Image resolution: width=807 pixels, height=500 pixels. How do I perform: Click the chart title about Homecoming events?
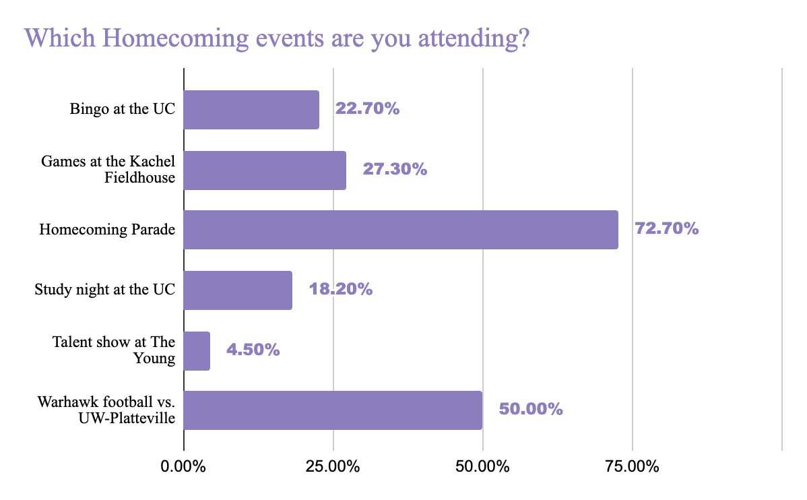tap(276, 38)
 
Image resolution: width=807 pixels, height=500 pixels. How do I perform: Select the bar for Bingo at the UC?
tap(251, 110)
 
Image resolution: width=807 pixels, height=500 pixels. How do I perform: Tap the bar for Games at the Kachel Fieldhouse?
tap(265, 170)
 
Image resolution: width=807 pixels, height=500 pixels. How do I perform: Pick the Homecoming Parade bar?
tap(401, 230)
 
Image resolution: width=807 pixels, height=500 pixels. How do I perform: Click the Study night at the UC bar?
tap(238, 290)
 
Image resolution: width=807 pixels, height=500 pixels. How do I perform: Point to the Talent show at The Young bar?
tap(197, 350)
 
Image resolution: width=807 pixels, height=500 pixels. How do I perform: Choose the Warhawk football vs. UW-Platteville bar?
tap(333, 410)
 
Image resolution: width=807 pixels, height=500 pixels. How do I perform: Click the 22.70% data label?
tap(367, 109)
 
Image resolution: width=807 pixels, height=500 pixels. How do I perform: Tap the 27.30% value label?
tap(395, 169)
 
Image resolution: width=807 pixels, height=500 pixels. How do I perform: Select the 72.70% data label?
tap(666, 229)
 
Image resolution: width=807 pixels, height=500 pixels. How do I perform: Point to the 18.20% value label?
tap(340, 290)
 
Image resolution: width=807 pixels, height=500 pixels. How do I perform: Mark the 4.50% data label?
tap(253, 350)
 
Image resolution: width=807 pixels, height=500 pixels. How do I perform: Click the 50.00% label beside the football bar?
tap(530, 409)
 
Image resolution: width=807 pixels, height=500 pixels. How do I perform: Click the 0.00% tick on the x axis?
tap(183, 466)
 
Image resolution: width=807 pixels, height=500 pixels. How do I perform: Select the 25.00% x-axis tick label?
tap(333, 466)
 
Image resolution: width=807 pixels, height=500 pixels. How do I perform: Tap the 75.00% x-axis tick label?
tap(632, 466)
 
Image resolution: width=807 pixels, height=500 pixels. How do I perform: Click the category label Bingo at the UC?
tap(123, 109)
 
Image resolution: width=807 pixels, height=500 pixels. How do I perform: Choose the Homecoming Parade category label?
tap(107, 230)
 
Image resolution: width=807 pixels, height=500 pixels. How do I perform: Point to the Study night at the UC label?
tap(105, 290)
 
